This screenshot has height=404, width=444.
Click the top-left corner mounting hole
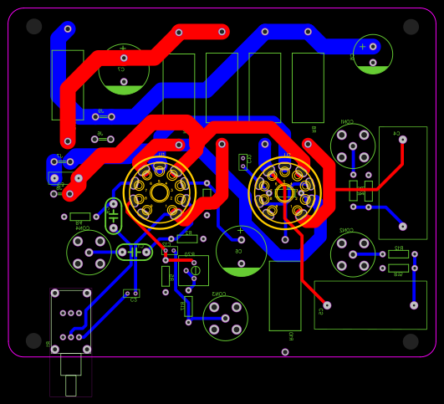click(33, 27)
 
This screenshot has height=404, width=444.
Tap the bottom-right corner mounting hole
click(411, 341)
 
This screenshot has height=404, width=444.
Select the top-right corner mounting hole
click(411, 27)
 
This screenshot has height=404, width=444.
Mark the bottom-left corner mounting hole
click(33, 341)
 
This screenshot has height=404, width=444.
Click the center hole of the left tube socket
click(160, 193)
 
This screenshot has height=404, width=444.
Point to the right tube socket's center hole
click(285, 193)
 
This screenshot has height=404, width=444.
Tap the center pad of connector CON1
click(353, 146)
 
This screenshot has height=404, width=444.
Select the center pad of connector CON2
click(353, 254)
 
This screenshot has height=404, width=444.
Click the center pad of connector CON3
click(225, 318)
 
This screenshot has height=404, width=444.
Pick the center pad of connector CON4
click(89, 252)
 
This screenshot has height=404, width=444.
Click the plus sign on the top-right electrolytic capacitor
click(362, 47)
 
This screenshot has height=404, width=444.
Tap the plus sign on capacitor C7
click(123, 48)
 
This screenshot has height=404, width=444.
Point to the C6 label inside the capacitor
click(238, 250)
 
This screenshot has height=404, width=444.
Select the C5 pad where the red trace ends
click(327, 305)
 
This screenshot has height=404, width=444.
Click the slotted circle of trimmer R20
click(196, 270)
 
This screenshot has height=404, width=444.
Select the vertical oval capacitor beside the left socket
click(114, 216)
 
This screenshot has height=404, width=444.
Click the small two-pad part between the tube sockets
click(242, 161)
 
